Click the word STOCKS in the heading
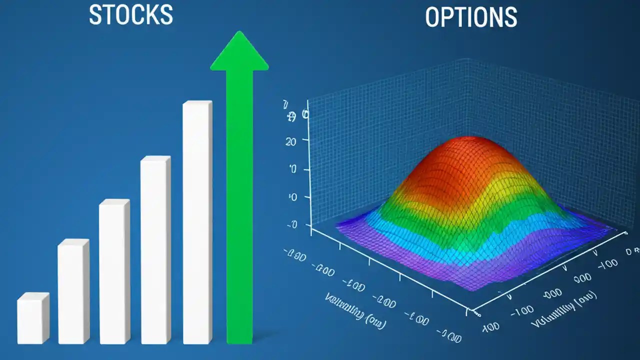[x=131, y=15]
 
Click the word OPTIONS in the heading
[x=470, y=17]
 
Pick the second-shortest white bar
[x=73, y=292]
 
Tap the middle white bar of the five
[x=114, y=272]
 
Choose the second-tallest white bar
[x=155, y=250]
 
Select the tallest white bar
[x=197, y=222]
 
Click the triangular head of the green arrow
[x=239, y=52]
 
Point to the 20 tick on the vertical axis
[x=290, y=141]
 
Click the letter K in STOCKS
[x=153, y=15]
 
